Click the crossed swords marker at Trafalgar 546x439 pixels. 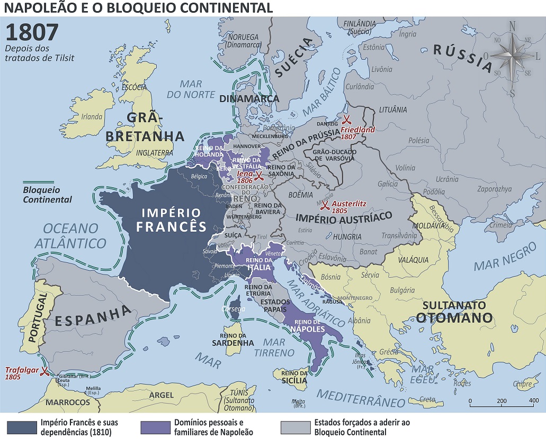tap(46, 371)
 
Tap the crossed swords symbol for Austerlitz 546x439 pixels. tap(326, 204)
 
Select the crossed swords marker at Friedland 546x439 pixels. tap(347, 120)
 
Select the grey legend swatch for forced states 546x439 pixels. tap(294, 427)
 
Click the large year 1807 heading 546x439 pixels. tap(32, 32)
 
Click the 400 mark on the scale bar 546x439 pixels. tap(534, 400)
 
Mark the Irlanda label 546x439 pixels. tap(91, 117)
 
